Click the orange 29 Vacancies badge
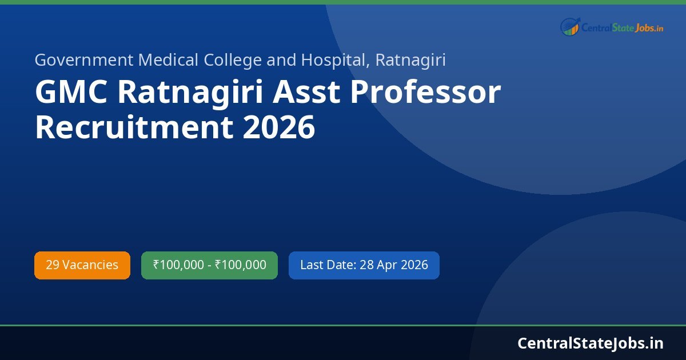coord(82,265)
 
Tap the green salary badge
coord(209,265)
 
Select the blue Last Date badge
coord(364,265)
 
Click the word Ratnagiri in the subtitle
coord(410,60)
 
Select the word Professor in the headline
coord(425,93)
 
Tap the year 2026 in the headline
coord(278,127)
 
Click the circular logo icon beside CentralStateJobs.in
coord(570,26)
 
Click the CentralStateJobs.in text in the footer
coord(591,343)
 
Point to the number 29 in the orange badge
coord(52,265)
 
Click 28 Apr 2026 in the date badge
coord(394,265)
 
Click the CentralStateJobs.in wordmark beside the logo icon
coord(622,27)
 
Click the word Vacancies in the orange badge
coord(90,265)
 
